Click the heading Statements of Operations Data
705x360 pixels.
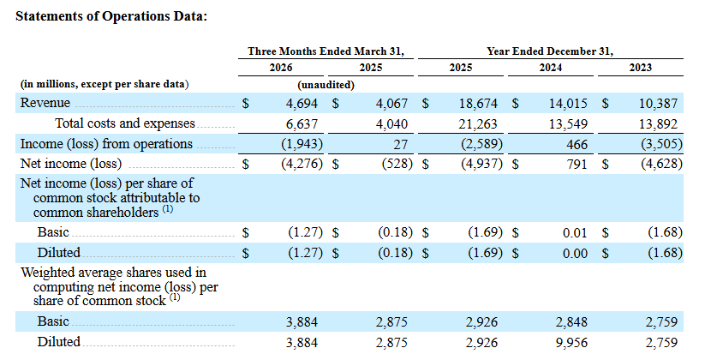click(x=111, y=16)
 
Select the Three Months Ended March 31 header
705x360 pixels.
click(x=326, y=51)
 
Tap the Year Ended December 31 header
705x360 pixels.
click(x=550, y=51)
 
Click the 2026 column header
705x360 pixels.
click(x=281, y=68)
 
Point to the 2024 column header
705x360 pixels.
click(x=551, y=68)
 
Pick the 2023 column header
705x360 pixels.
click(x=641, y=68)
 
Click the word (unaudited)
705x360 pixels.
click(x=326, y=85)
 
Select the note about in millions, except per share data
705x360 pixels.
click(x=105, y=84)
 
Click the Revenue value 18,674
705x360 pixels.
click(x=478, y=104)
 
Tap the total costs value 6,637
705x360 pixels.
click(x=302, y=123)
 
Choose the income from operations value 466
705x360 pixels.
click(x=577, y=145)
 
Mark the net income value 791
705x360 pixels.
click(x=577, y=164)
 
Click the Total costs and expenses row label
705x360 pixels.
click(x=125, y=123)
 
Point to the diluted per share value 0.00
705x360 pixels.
click(x=575, y=254)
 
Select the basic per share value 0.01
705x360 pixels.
click(x=575, y=233)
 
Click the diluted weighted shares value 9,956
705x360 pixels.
click(x=571, y=343)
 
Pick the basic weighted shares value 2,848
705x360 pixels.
click(x=571, y=322)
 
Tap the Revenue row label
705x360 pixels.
click(x=45, y=103)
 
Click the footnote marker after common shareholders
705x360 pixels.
click(x=168, y=209)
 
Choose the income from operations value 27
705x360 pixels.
click(x=401, y=145)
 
